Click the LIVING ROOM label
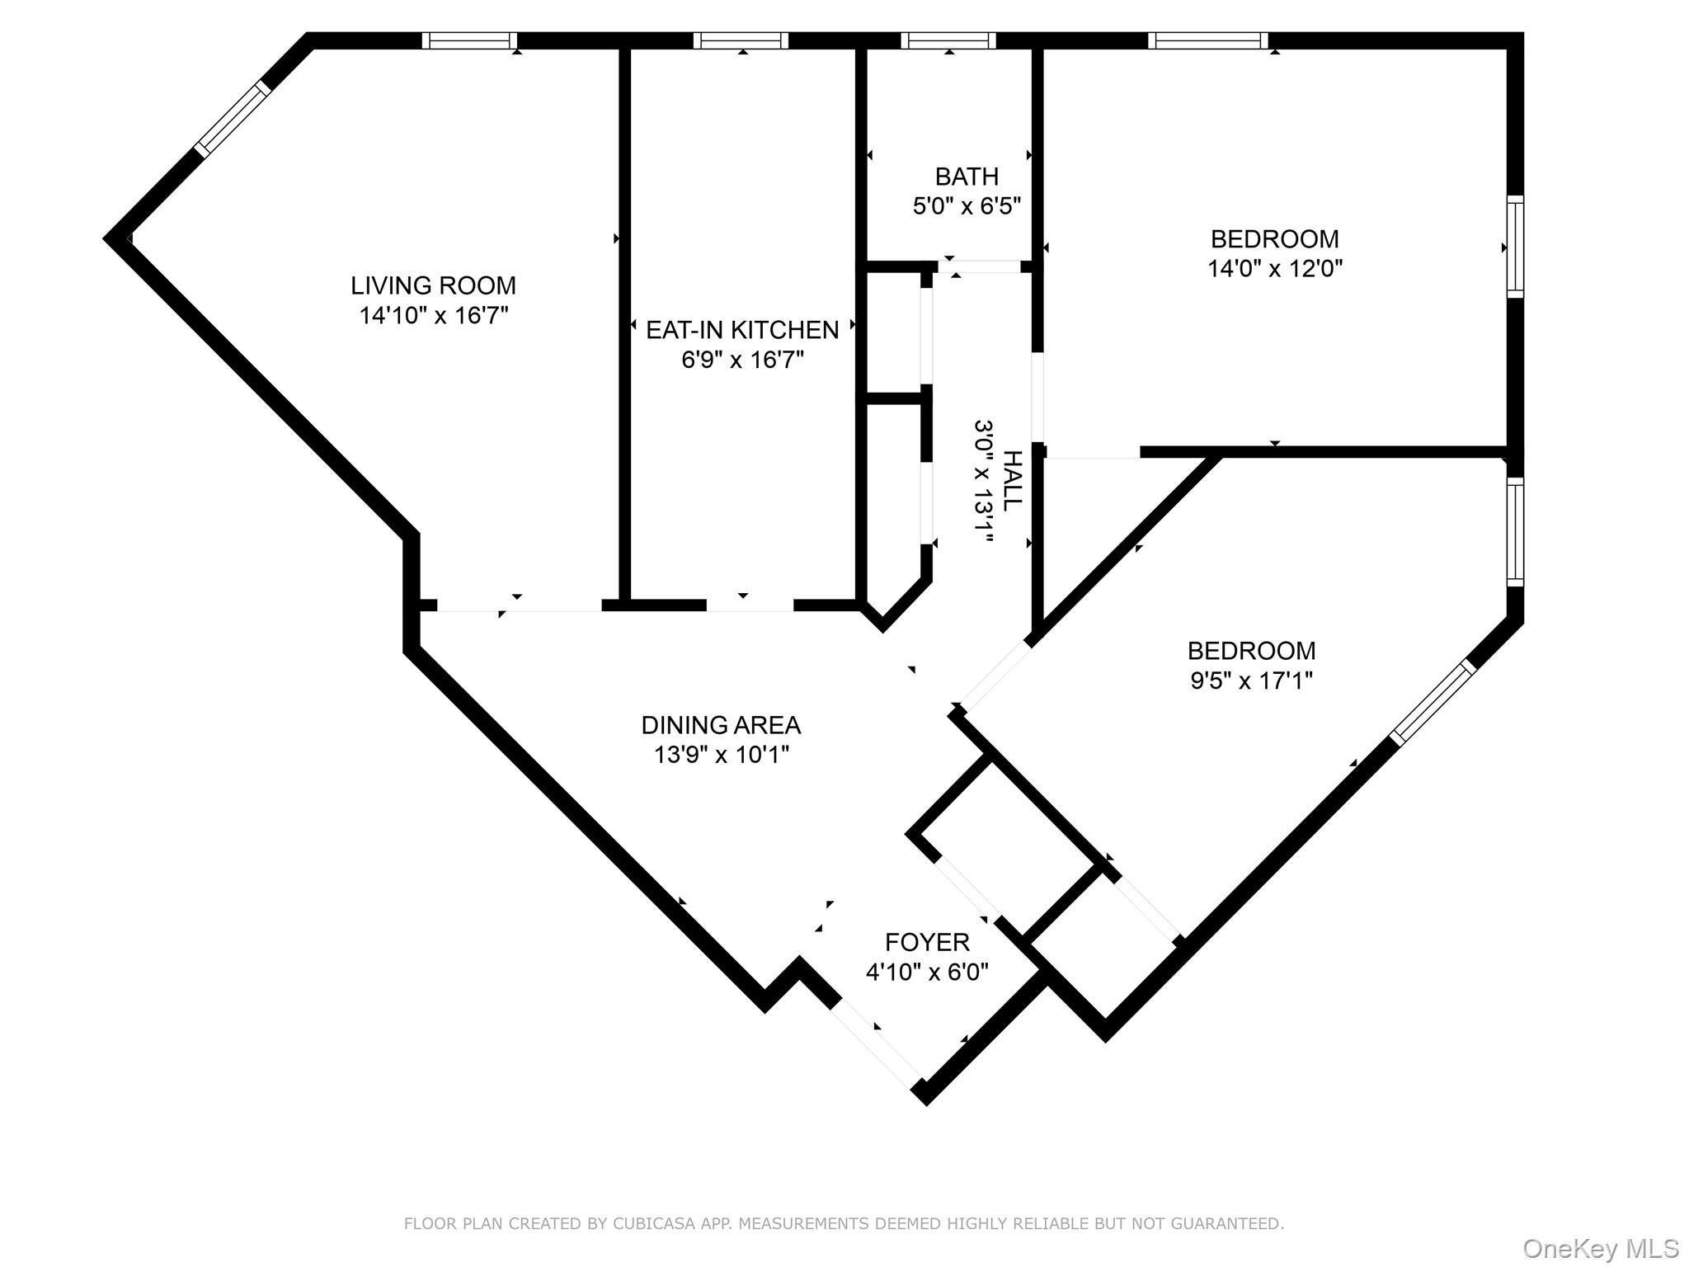(433, 285)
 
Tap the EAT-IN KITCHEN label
(741, 330)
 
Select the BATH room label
(967, 177)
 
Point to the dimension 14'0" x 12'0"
(1274, 269)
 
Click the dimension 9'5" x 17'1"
(1251, 681)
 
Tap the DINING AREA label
(721, 725)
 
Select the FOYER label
(927, 942)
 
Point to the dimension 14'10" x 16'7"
(433, 315)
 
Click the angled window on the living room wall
(233, 118)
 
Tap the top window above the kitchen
(741, 40)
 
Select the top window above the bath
(948, 40)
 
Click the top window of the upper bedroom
(1208, 40)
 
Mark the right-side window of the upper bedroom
(1515, 246)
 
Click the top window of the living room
(469, 40)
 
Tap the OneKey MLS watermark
(1600, 1248)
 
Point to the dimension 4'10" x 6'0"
(927, 972)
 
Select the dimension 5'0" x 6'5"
(967, 206)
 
